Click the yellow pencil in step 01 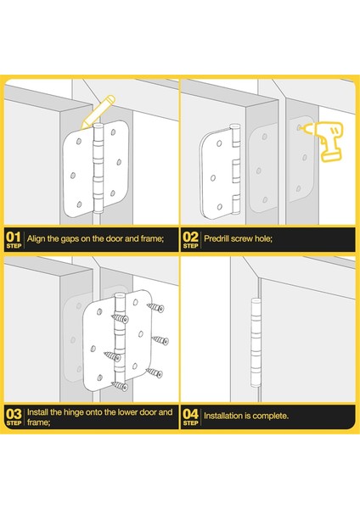click(98, 112)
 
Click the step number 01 click(14, 237)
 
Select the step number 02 click(190, 237)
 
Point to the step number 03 click(14, 414)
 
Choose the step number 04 click(190, 414)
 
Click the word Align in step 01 click(36, 239)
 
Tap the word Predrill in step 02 click(216, 238)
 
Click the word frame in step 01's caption click(152, 238)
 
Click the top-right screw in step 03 click(155, 307)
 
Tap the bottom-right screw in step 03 click(154, 372)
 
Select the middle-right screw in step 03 click(160, 340)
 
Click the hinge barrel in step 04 click(256, 343)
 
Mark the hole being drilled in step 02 click(299, 128)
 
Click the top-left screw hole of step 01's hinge click(79, 142)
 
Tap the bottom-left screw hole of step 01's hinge click(79, 204)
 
